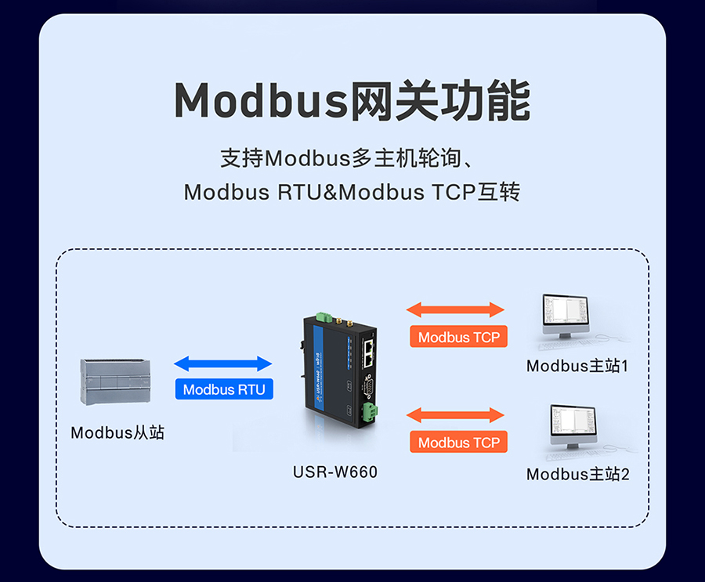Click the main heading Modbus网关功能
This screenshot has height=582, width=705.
click(x=352, y=101)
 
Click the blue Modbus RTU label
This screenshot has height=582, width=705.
click(x=224, y=389)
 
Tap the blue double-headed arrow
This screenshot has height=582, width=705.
click(x=222, y=363)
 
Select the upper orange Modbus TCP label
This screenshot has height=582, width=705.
click(x=458, y=338)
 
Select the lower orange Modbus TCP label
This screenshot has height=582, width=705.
click(x=458, y=443)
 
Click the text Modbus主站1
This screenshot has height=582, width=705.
click(x=577, y=366)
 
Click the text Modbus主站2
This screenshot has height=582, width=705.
click(x=577, y=474)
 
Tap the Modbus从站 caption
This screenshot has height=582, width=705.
click(x=117, y=432)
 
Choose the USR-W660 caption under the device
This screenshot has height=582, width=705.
click(x=334, y=472)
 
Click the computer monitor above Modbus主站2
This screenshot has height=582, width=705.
click(x=572, y=425)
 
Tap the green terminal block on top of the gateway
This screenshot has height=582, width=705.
click(x=323, y=317)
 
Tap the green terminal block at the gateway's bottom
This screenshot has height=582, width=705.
click(x=368, y=410)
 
